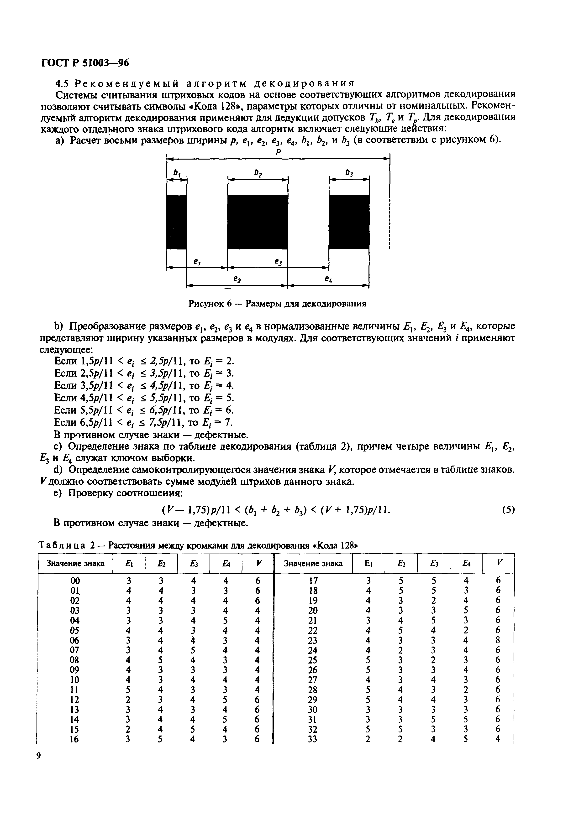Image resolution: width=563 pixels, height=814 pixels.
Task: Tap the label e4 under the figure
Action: (x=328, y=280)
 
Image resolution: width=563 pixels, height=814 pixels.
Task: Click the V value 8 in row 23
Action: (x=498, y=640)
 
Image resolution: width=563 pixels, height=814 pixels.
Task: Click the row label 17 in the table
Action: (x=313, y=581)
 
